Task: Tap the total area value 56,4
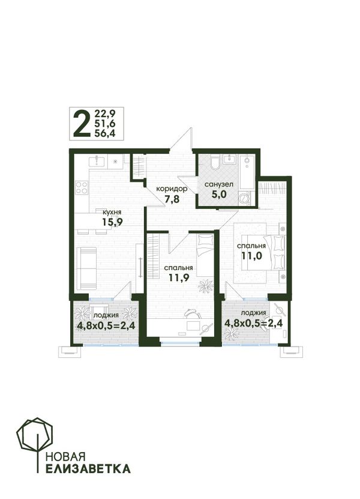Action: (104, 134)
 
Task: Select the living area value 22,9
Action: (104, 113)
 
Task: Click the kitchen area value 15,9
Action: (112, 222)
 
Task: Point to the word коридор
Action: (172, 189)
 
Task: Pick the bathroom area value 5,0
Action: (219, 193)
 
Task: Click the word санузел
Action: (219, 184)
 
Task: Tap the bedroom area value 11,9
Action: (179, 277)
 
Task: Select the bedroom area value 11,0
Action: (251, 256)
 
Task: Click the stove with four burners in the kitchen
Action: (82, 187)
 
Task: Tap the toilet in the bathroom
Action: (215, 162)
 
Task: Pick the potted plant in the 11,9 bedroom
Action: (206, 286)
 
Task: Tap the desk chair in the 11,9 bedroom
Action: (192, 313)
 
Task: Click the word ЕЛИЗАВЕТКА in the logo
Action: (88, 469)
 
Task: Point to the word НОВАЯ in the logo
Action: (65, 457)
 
